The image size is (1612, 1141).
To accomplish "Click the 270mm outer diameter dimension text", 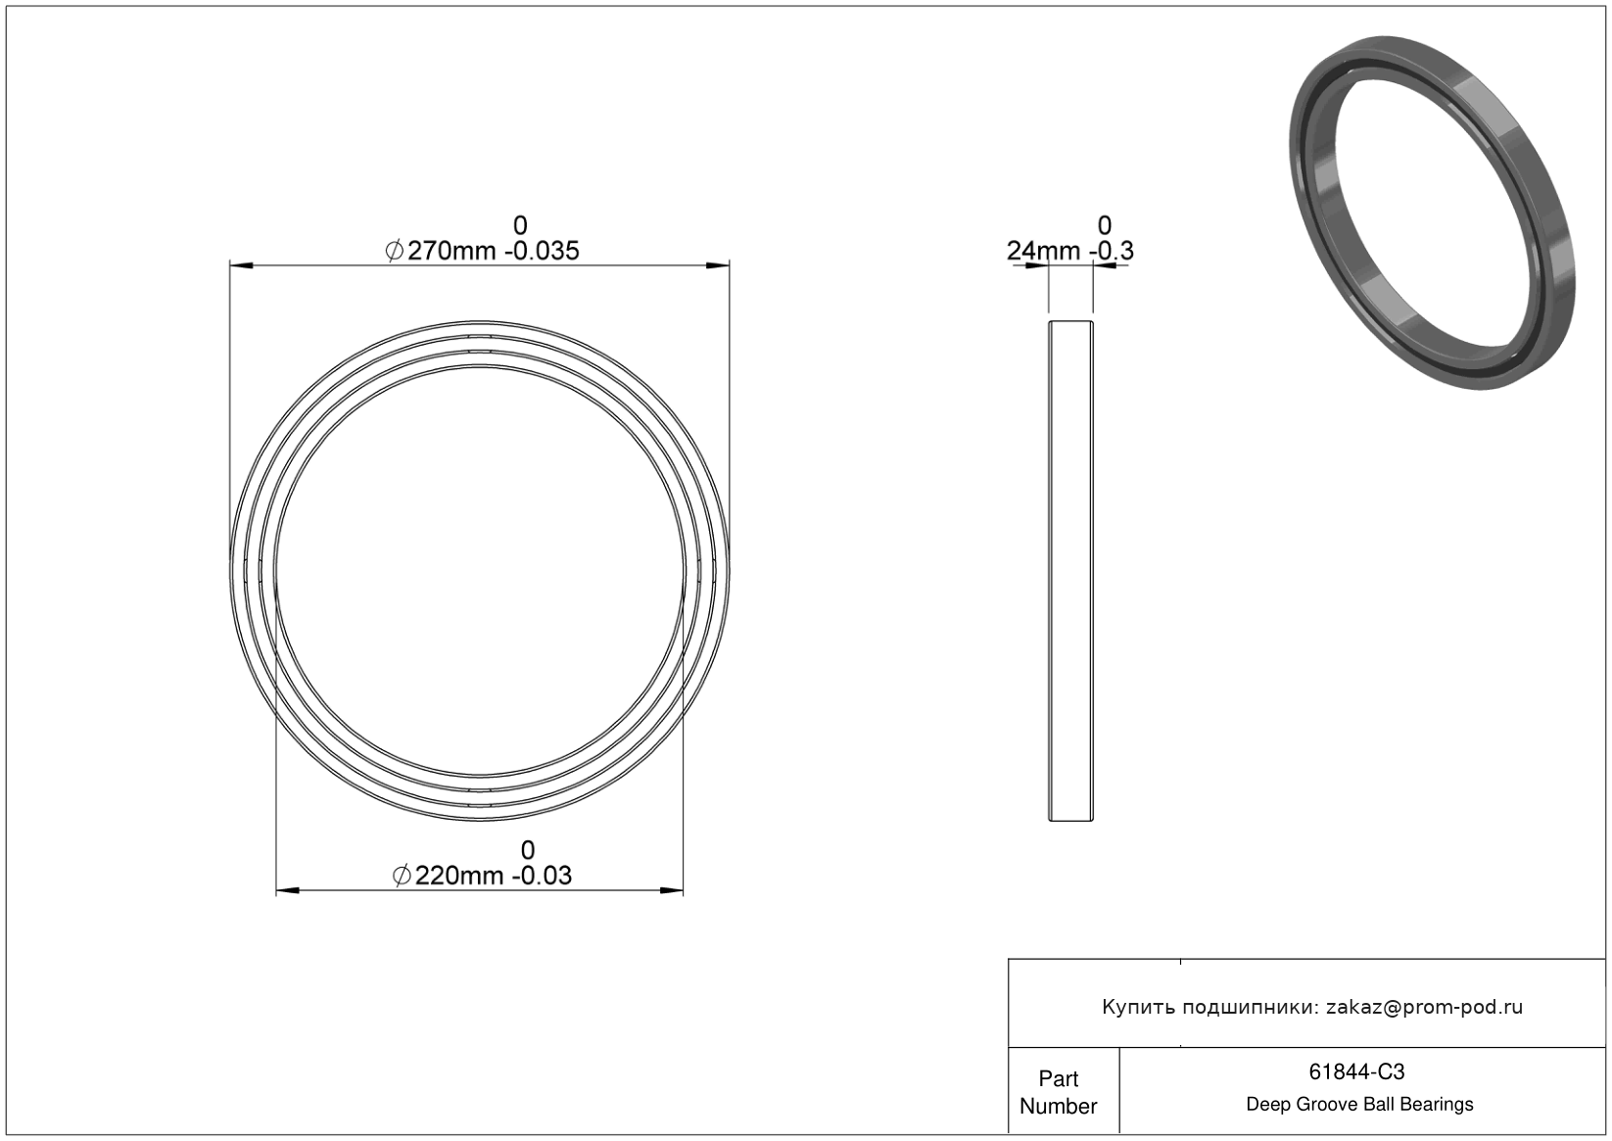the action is coord(451,252).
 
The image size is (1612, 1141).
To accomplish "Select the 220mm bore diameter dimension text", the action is coord(459,877).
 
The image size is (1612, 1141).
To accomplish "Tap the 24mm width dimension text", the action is coord(1043,252).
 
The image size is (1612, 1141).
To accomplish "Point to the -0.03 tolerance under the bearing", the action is coord(542,877).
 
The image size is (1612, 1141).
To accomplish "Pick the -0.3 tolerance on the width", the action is coord(1112,252).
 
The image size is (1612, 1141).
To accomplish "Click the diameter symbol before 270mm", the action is coord(394,252).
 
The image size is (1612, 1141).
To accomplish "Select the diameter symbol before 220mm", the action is coord(402,877).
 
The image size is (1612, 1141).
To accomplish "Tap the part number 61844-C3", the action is coord(1356,1071).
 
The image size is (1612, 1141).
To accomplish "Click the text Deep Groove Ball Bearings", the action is coord(1359,1105).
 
